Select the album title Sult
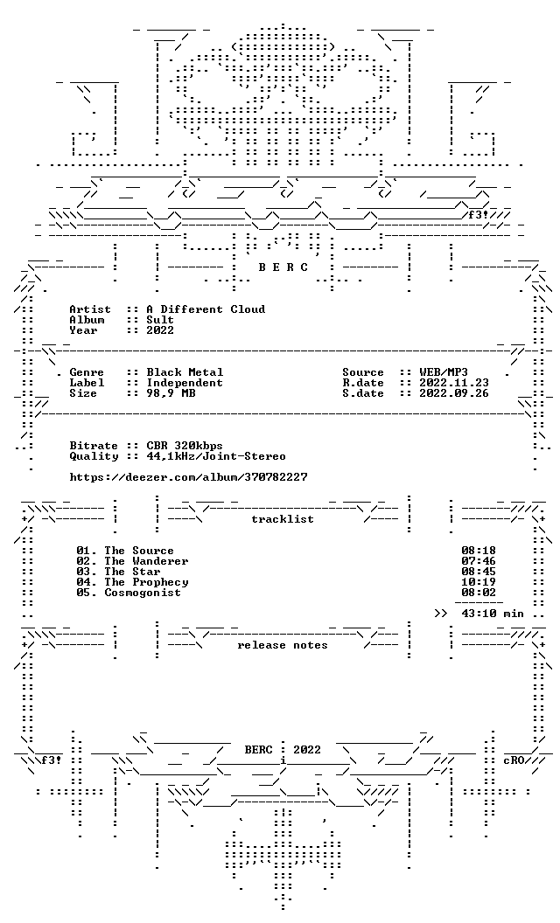click(x=160, y=320)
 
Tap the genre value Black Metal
click(x=185, y=372)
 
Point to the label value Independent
click(x=185, y=383)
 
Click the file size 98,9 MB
click(x=171, y=394)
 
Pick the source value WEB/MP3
click(x=444, y=372)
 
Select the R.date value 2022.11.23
click(x=454, y=383)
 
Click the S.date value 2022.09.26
click(x=454, y=394)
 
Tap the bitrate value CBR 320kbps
click(x=185, y=446)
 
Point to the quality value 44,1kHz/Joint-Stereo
click(x=216, y=457)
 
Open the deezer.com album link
click(x=189, y=477)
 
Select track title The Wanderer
click(x=146, y=561)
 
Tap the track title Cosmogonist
click(x=143, y=593)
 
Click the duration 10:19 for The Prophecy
click(x=479, y=583)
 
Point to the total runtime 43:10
click(x=479, y=614)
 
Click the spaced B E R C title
click(x=283, y=267)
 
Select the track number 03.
click(x=83, y=573)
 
